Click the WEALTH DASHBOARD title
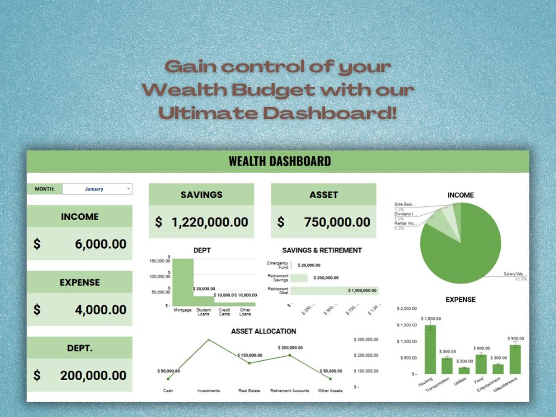coord(279,161)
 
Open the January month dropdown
coord(97,189)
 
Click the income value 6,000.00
coord(100,244)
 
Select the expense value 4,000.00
coord(100,310)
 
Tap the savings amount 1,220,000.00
coord(209,222)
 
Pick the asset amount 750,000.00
coord(337,222)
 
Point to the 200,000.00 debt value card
coord(93,376)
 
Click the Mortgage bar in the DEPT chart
coord(183,282)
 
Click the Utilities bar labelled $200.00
coord(464,370)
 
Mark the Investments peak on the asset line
coord(209,340)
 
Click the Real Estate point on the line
coord(249,363)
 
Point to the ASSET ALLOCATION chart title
coord(263,331)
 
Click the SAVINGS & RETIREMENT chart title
coord(322,250)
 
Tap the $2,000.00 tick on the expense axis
coord(406,308)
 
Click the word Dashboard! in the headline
coord(330,113)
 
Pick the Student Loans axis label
coord(203,312)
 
